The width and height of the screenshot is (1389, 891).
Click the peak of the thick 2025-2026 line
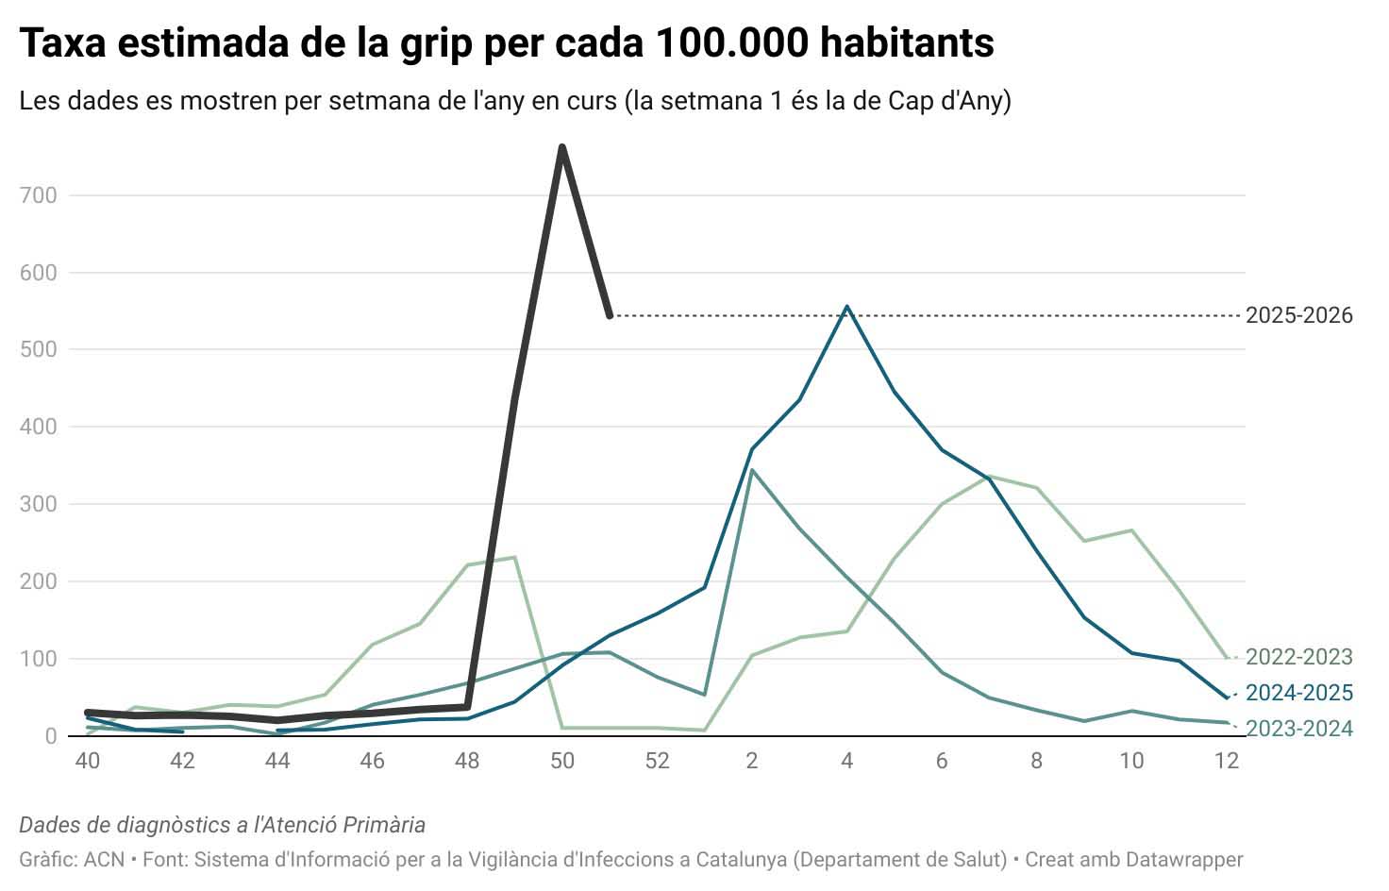click(x=562, y=148)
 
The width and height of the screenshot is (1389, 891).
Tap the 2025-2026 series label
click(x=1298, y=315)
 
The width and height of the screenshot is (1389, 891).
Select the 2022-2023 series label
click(x=1298, y=657)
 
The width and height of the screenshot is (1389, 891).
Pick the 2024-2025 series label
click(x=1298, y=693)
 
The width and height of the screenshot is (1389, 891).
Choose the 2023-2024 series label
click(x=1298, y=729)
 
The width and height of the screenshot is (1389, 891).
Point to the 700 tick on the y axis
click(x=38, y=195)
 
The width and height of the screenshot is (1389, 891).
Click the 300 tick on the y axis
click(x=38, y=504)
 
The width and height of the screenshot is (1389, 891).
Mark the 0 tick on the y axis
click(x=51, y=736)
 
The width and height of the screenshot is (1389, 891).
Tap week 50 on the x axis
click(x=562, y=761)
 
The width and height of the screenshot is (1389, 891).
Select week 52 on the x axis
click(x=657, y=761)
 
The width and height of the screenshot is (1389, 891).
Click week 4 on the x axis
click(x=846, y=761)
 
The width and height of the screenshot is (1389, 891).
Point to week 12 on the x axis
click(x=1226, y=761)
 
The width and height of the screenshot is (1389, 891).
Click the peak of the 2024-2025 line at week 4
click(x=846, y=307)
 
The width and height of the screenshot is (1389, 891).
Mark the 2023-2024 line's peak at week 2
click(x=752, y=469)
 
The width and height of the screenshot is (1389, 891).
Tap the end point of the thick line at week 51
click(x=610, y=315)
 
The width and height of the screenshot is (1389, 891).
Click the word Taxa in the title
click(x=63, y=42)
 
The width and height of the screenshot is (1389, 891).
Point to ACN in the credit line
click(x=104, y=860)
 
